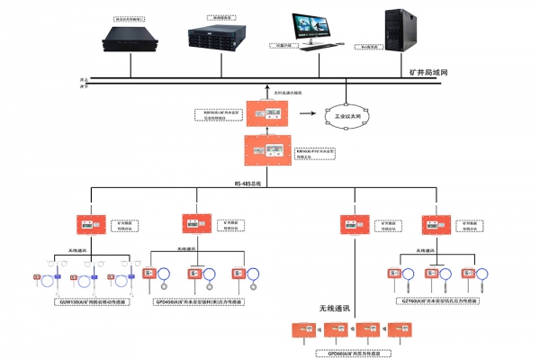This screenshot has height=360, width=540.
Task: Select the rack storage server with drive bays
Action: tap(219, 37)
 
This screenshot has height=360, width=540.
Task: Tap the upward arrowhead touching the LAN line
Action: tap(269, 88)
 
